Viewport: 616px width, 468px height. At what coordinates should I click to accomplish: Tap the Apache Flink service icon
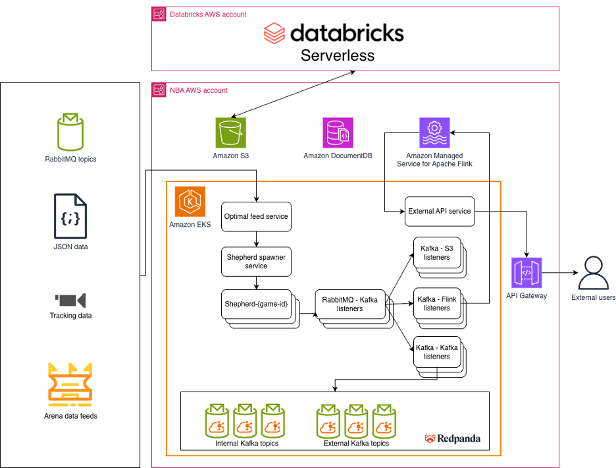434,132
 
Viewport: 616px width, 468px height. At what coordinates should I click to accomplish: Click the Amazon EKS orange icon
190,201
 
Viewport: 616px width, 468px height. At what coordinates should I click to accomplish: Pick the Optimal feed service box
256,216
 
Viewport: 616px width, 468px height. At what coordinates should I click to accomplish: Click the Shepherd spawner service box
256,261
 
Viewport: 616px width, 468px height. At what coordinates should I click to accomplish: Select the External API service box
438,211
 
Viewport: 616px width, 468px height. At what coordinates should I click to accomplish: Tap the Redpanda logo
453,438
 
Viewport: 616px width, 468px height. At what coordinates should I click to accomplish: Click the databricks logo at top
334,33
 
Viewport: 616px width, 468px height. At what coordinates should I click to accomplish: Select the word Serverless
338,55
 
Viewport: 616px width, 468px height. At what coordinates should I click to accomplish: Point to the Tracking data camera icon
70,301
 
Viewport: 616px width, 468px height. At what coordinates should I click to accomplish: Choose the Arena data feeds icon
70,383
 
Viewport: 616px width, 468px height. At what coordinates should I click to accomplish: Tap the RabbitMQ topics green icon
70,131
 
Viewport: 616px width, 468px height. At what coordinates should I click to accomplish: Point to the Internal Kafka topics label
246,444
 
